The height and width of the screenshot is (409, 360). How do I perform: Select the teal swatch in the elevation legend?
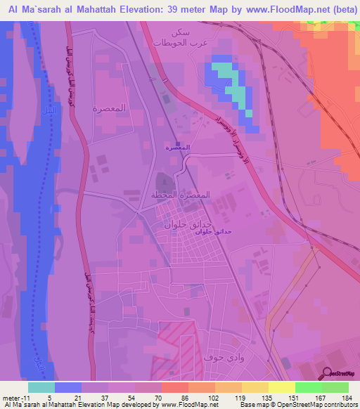click(x=41, y=387)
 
